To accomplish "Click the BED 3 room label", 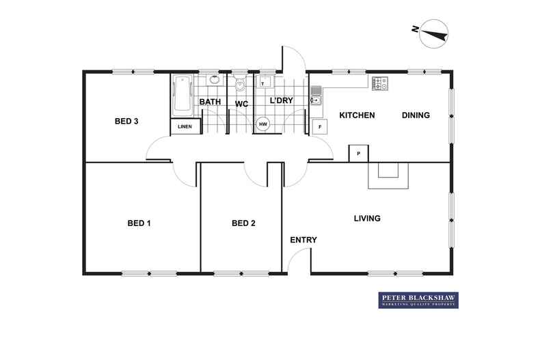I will tap(126, 122).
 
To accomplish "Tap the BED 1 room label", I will tap(139, 223).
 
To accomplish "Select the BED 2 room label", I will tap(243, 223).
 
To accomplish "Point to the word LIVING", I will tap(367, 219).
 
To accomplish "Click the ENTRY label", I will tap(303, 240).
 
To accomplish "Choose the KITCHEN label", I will tap(357, 115).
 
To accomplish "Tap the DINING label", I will tap(416, 115).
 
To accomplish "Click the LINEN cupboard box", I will tap(185, 127).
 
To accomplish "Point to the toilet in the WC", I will tap(240, 85).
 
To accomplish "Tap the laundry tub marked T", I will tap(264, 83).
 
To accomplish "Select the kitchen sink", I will tap(316, 96).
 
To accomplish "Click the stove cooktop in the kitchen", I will tap(379, 83).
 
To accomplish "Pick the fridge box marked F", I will tap(319, 127).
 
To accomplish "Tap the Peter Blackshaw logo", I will tap(418, 301).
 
